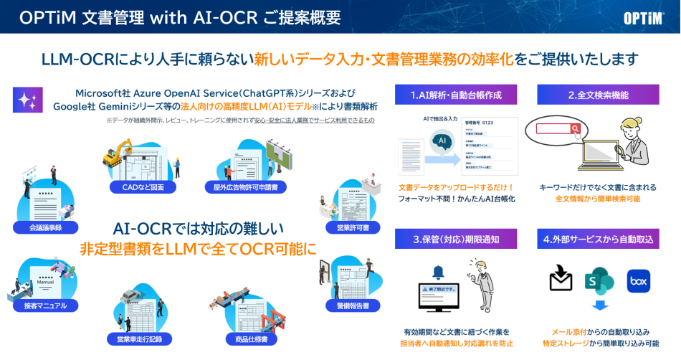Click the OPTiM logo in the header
click(x=643, y=18)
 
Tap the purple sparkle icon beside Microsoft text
click(x=28, y=100)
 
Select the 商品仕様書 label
click(x=246, y=338)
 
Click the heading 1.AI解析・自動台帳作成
click(x=455, y=95)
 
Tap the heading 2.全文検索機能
click(x=598, y=95)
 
